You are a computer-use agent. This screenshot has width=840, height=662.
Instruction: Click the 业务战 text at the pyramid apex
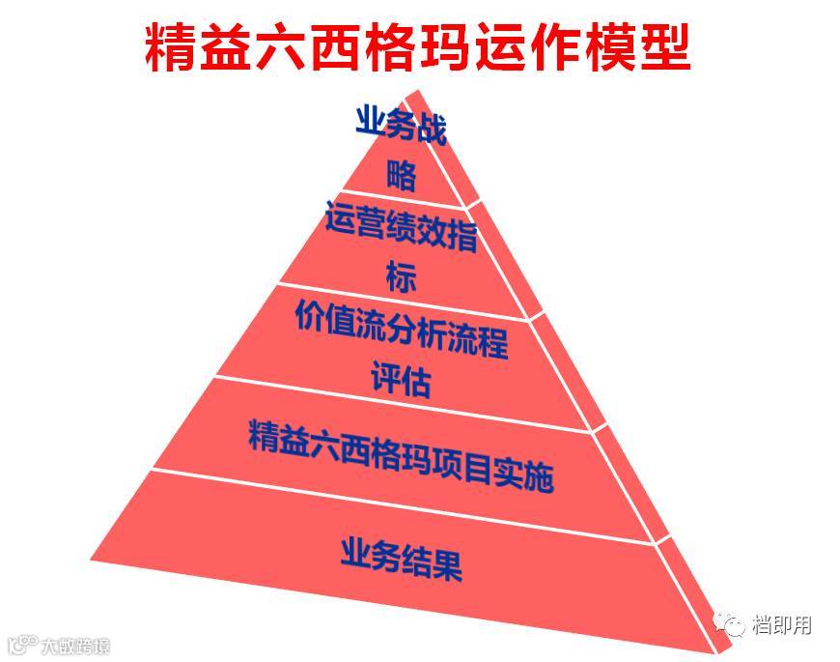[x=401, y=126]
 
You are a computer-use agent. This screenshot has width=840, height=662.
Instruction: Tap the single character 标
[x=401, y=277]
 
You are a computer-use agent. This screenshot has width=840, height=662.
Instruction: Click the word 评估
[x=401, y=380]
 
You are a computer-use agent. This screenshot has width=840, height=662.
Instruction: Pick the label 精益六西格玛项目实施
[x=401, y=452]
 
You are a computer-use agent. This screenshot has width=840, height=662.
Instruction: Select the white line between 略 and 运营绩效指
[x=406, y=196]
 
